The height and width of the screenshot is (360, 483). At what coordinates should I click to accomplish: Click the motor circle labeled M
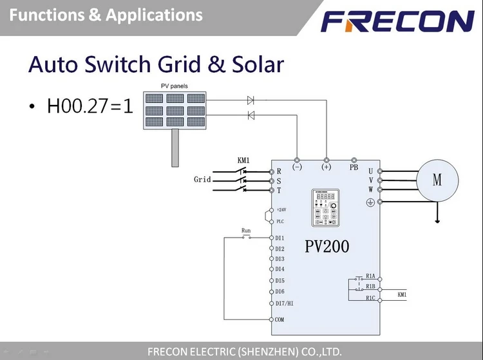(x=437, y=180)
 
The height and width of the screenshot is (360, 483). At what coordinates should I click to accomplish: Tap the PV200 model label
(x=327, y=247)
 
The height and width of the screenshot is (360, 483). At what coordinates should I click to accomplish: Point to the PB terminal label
(x=354, y=167)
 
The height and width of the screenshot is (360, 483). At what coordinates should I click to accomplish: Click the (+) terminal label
(x=326, y=167)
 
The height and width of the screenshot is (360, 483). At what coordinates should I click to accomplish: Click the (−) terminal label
(x=297, y=167)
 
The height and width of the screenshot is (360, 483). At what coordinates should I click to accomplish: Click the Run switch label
(x=246, y=230)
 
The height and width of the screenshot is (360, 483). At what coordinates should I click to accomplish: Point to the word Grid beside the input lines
(x=202, y=180)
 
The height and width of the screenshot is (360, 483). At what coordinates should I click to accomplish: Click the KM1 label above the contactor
(x=243, y=160)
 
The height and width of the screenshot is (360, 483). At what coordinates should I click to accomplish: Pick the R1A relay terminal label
(x=370, y=276)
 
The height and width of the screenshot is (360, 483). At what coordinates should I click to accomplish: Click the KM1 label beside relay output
(x=402, y=294)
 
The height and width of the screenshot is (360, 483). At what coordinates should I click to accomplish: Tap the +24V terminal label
(x=281, y=209)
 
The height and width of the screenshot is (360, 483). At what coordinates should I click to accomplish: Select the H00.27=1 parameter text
(x=90, y=105)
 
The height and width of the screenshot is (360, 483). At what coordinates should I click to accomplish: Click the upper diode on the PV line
(x=251, y=100)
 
